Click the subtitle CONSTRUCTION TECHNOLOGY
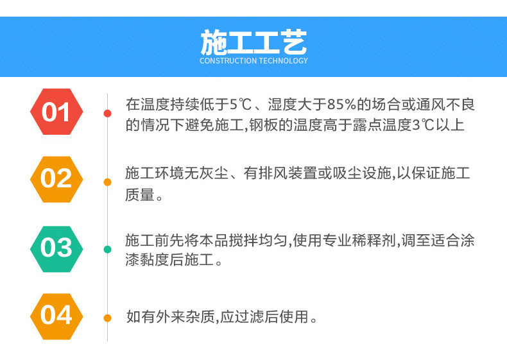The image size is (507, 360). (253, 61)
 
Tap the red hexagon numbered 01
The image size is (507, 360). (56, 113)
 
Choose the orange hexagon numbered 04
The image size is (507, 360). (56, 316)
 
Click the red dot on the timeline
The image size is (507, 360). (107, 114)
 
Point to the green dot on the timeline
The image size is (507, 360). (107, 249)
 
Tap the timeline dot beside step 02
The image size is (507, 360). (107, 182)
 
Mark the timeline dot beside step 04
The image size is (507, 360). (107, 317)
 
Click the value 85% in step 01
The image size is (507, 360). (341, 105)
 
